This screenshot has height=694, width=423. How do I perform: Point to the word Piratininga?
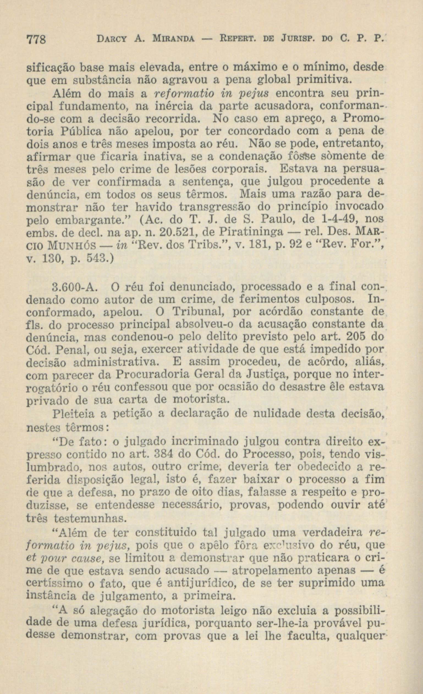(251, 232)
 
